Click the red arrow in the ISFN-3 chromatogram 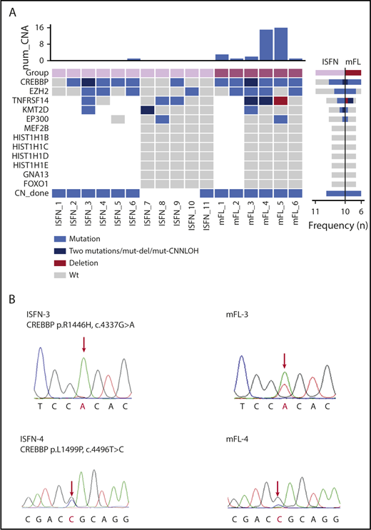[84, 345]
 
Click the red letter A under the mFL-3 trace [285, 411]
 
